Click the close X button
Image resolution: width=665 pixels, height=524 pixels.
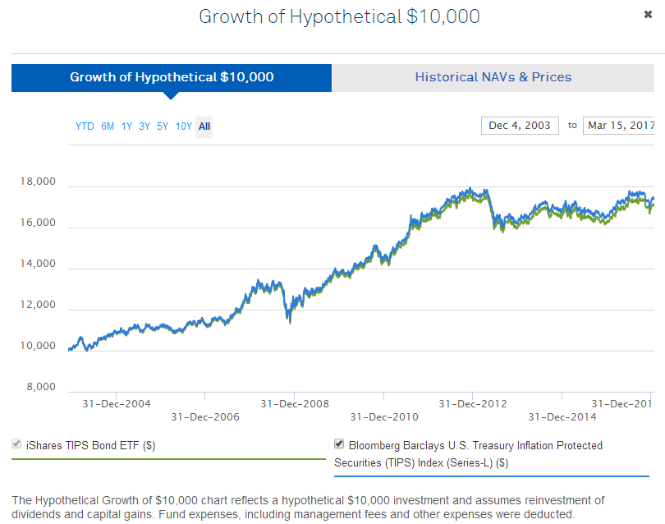[649, 15]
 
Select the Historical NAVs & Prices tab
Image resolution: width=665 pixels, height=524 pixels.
[493, 77]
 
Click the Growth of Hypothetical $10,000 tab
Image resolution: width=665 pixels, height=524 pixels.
[172, 77]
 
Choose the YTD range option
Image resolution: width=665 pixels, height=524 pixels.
[85, 126]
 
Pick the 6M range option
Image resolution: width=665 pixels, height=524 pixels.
[108, 126]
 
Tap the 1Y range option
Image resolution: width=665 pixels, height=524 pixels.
[126, 126]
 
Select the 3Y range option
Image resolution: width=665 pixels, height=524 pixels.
[144, 126]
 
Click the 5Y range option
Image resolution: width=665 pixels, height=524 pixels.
[163, 126]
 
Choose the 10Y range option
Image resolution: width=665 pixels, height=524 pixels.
[183, 126]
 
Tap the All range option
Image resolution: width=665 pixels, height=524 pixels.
[204, 126]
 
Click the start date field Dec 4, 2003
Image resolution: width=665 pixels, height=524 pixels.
[520, 126]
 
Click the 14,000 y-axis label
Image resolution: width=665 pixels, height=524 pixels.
[38, 264]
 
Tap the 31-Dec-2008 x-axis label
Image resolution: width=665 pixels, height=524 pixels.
[295, 404]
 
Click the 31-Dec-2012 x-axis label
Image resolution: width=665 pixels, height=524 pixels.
[473, 404]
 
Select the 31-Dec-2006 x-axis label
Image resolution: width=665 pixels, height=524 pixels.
[205, 417]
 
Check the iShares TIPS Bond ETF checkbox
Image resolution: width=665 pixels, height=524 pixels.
[16, 445]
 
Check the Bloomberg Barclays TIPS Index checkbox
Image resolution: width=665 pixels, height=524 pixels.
[339, 444]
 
